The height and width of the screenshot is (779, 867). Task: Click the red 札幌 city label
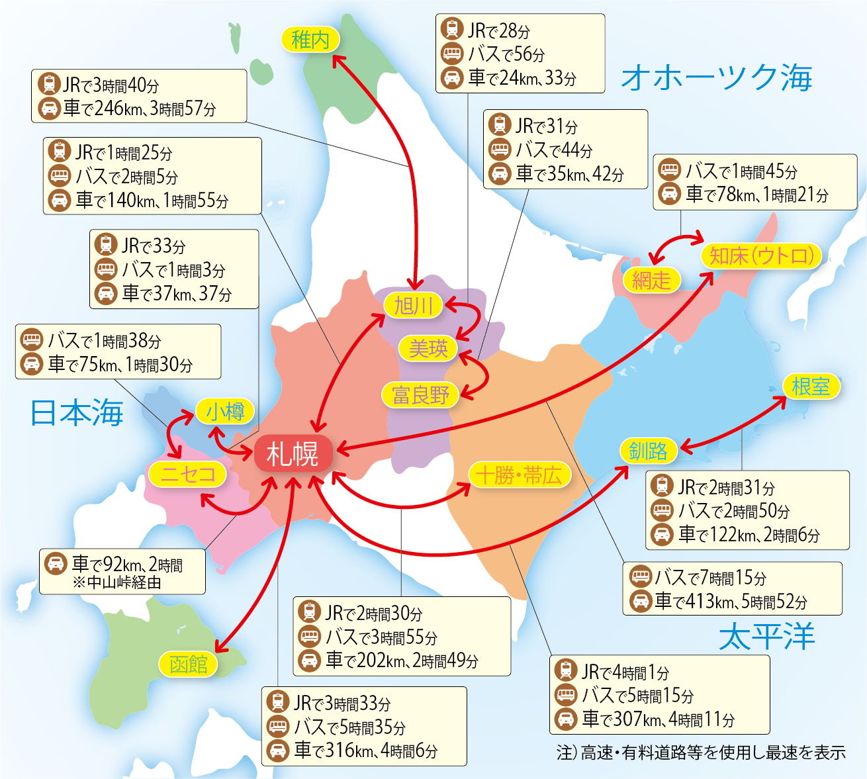point(293,454)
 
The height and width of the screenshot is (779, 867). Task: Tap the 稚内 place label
point(310,40)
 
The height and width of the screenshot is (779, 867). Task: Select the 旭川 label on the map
point(414,306)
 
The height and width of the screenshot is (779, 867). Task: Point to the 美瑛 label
point(428,348)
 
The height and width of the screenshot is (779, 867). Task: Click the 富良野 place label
point(420,395)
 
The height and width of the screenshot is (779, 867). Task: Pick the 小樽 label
point(225,412)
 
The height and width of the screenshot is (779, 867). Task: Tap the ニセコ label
point(188,474)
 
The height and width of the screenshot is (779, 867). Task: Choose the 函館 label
point(189,664)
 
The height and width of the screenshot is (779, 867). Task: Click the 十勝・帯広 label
point(519,475)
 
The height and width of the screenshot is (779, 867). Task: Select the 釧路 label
point(649,451)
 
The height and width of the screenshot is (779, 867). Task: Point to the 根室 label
point(811,387)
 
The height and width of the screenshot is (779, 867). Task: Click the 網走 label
point(651,280)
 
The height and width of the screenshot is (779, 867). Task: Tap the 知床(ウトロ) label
point(761,256)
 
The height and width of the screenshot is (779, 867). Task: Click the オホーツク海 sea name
point(717,77)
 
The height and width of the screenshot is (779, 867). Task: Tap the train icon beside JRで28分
point(453,30)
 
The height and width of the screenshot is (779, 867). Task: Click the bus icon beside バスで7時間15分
point(641,577)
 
